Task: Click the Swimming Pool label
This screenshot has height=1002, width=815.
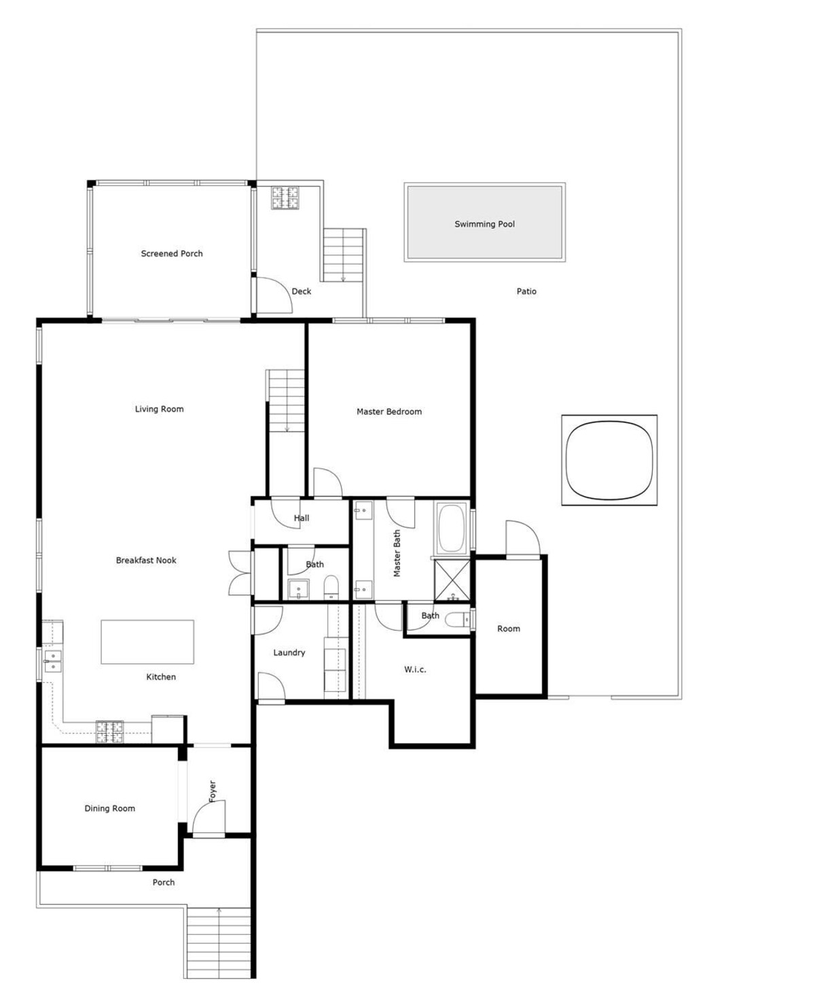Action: [484, 224]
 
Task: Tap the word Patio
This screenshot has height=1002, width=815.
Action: [526, 291]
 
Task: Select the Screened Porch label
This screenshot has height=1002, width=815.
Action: [172, 254]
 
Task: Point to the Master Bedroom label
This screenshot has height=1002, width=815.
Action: [389, 411]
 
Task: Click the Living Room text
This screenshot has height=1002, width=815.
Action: [159, 409]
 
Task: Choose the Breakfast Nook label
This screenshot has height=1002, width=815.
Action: [146, 560]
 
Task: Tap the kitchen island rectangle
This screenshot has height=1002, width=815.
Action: [147, 642]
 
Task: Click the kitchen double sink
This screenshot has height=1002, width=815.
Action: [52, 661]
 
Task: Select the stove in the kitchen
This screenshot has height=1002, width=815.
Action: [109, 732]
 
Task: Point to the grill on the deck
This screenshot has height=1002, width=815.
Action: [285, 198]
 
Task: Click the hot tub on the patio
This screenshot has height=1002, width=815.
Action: [609, 460]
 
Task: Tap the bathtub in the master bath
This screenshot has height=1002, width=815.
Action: [451, 528]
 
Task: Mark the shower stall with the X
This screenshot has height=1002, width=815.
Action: [452, 580]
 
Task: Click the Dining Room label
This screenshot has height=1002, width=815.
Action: [109, 809]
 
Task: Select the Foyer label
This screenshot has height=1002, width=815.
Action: [212, 792]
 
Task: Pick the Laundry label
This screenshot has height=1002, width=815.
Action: [289, 652]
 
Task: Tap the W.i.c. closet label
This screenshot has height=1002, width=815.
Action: [415, 669]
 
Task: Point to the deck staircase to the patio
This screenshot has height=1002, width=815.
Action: [344, 255]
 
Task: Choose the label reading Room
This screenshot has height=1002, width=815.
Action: [509, 629]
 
